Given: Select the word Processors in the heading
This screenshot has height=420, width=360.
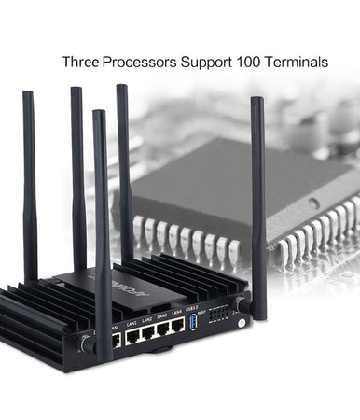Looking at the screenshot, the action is pyautogui.click(x=143, y=63).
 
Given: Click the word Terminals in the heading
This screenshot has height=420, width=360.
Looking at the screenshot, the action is pyautogui.click(x=301, y=63).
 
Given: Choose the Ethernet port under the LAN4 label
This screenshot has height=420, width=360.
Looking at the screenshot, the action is pyautogui.click(x=179, y=327).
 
